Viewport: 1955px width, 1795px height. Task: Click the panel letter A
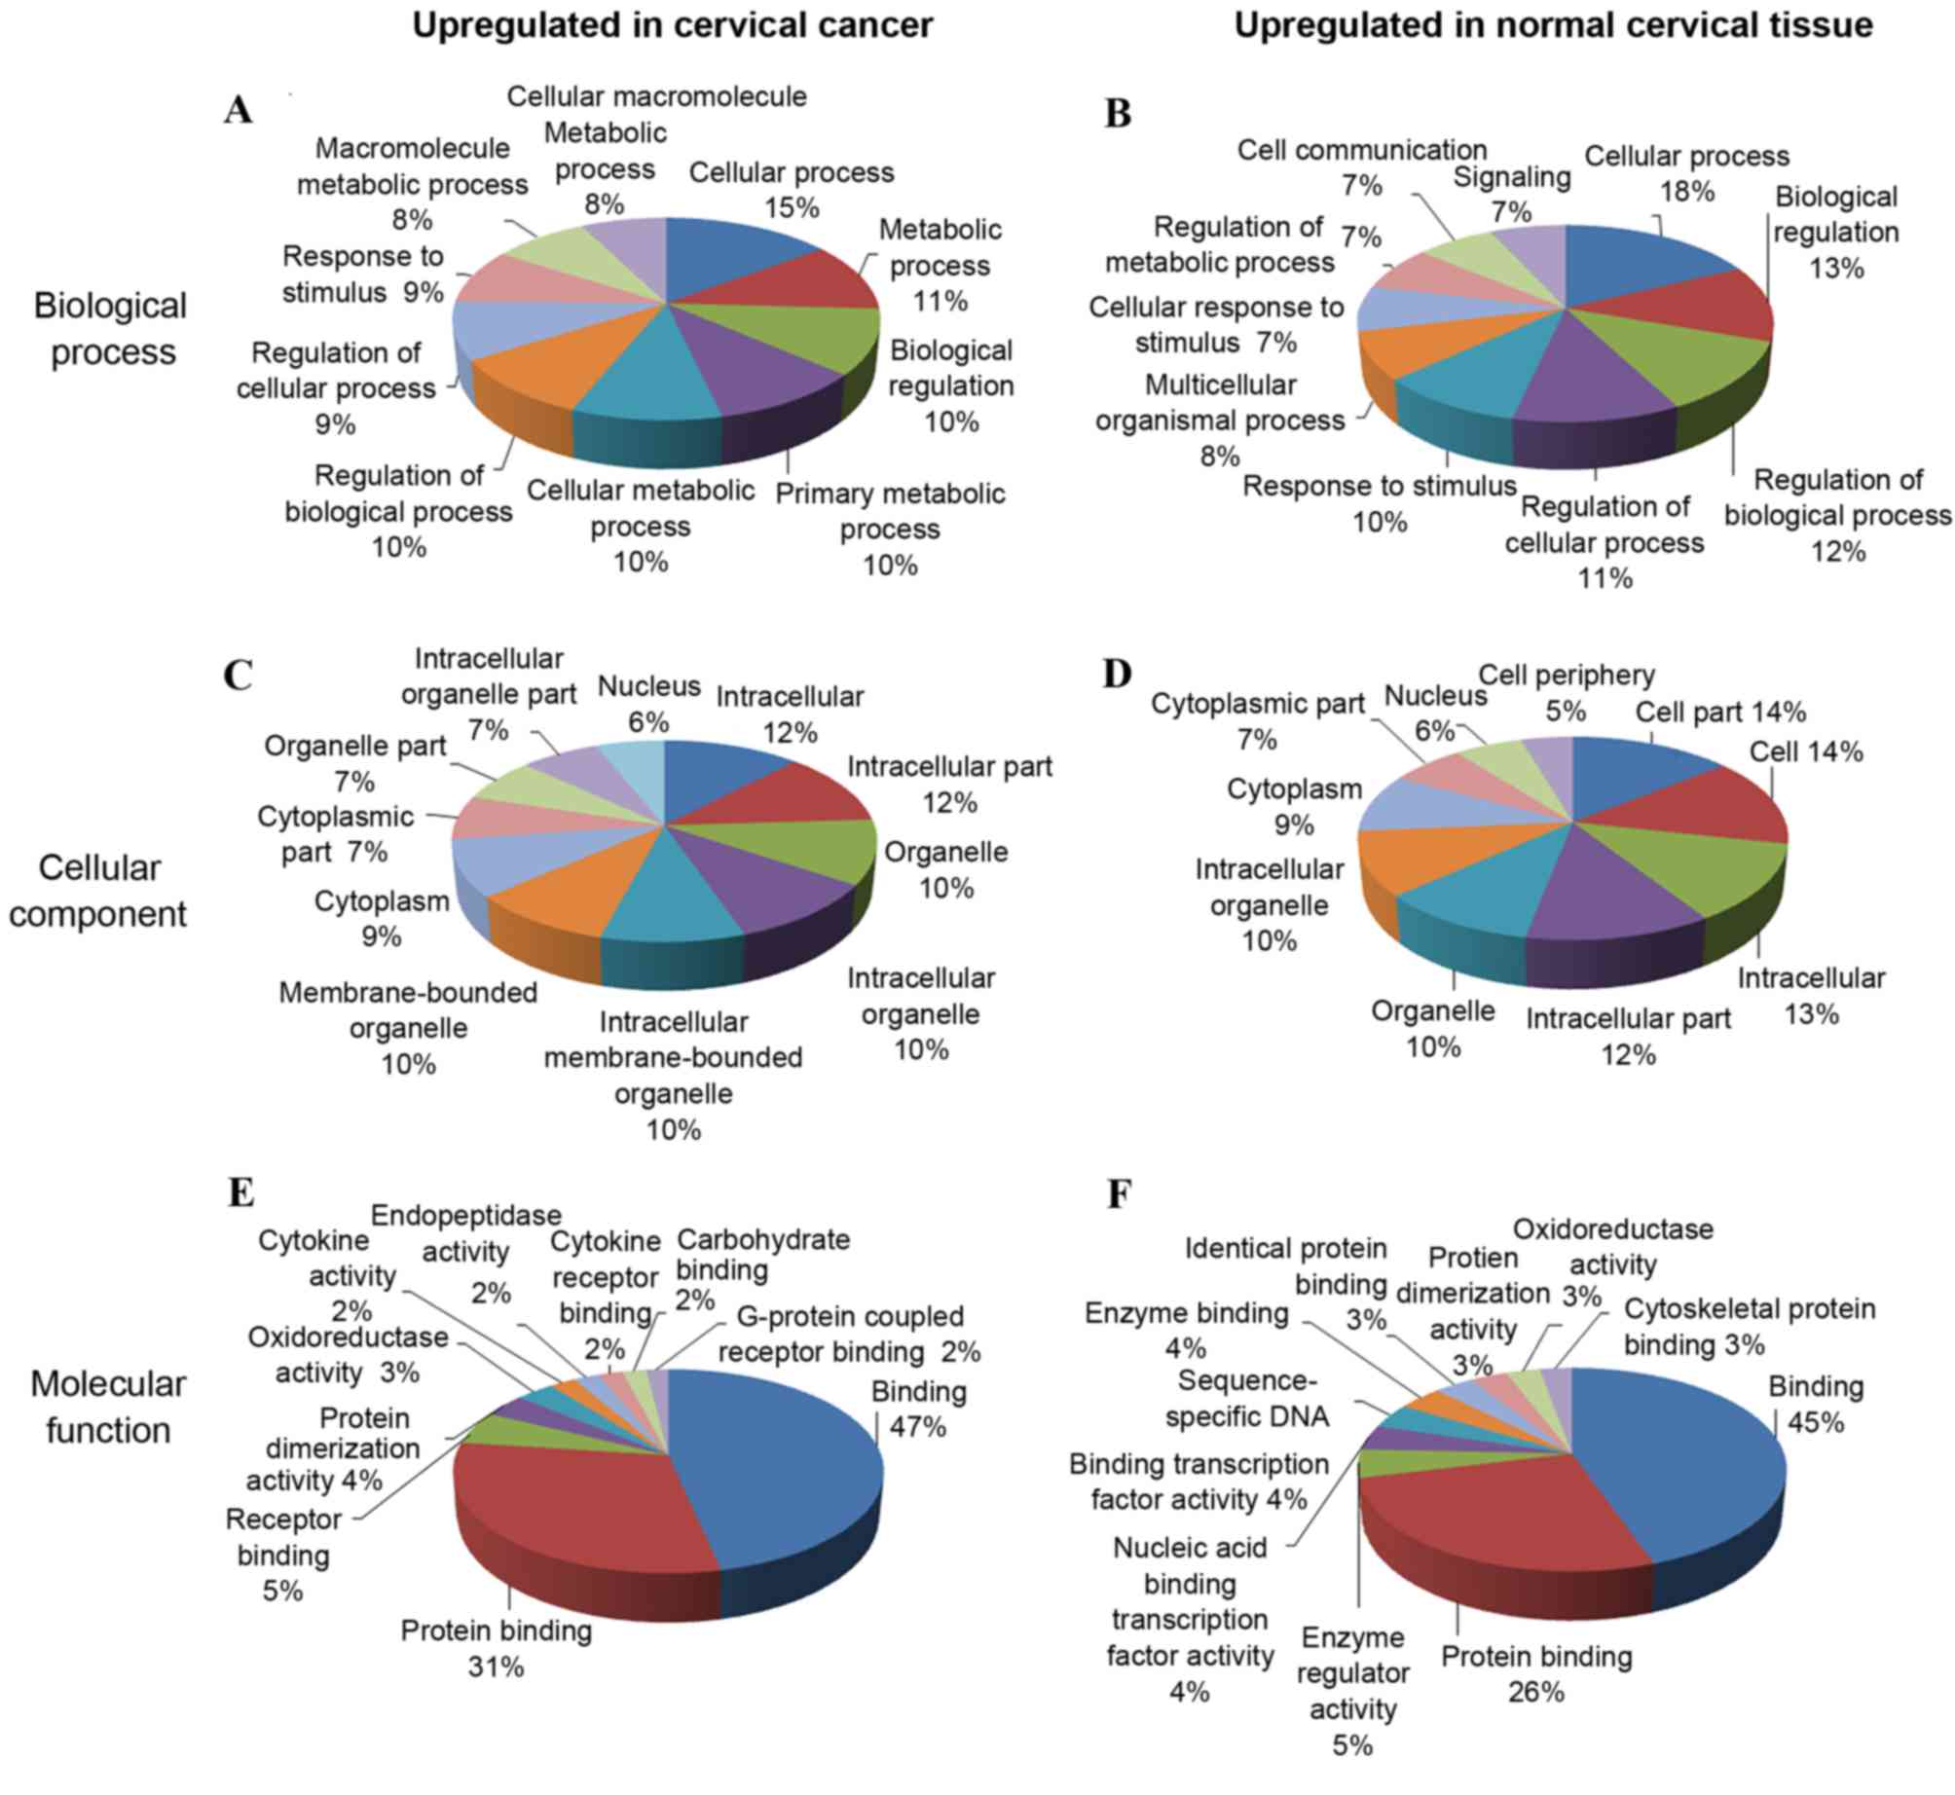click(x=238, y=110)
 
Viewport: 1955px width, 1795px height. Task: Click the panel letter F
click(x=1119, y=1194)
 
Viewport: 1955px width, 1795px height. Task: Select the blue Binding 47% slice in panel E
click(x=779, y=1460)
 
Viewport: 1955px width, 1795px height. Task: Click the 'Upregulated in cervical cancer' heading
click(x=672, y=25)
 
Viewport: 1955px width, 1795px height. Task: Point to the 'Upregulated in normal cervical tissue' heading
click(x=1553, y=25)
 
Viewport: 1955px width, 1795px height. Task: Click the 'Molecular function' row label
click(x=108, y=1407)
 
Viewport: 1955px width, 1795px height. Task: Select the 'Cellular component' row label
click(x=98, y=891)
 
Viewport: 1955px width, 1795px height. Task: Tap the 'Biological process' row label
click(x=111, y=329)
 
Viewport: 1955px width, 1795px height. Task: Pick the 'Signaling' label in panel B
click(x=1512, y=177)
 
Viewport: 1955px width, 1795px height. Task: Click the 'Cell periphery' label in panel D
click(x=1567, y=675)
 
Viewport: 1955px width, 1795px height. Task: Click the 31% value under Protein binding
click(x=496, y=1667)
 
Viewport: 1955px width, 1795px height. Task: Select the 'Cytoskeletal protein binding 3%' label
click(x=1750, y=1327)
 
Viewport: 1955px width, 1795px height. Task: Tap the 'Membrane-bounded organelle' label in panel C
click(x=408, y=1009)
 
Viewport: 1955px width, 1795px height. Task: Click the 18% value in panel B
click(x=1687, y=192)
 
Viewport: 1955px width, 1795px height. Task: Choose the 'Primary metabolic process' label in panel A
click(x=890, y=511)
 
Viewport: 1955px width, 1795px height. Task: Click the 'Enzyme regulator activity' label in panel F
click(x=1353, y=1673)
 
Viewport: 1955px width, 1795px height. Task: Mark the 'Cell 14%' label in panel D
click(x=1806, y=751)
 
